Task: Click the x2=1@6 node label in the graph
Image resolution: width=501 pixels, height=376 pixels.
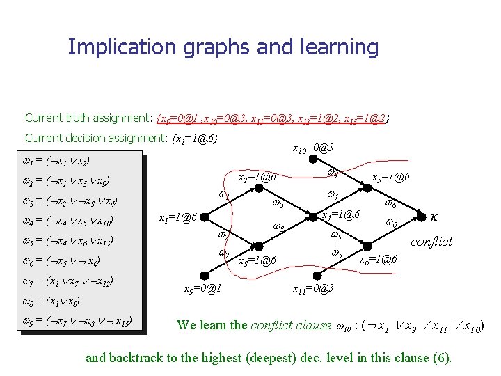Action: coord(257,179)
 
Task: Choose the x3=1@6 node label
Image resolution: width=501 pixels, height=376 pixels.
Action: coord(257,261)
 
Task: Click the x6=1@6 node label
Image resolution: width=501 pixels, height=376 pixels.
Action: coord(378,259)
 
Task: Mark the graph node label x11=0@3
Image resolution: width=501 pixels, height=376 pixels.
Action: coord(314,288)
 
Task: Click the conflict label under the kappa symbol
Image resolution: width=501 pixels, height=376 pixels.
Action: coord(431,242)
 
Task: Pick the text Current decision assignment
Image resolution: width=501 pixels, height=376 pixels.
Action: coord(96,138)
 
